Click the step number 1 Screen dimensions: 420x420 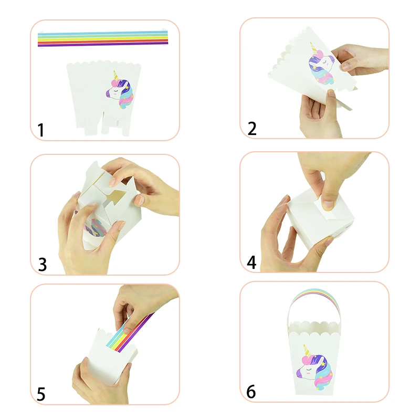pos(41,130)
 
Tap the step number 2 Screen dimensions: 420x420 pos(252,128)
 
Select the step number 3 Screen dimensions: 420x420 pos(42,264)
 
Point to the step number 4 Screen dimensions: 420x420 pos(252,262)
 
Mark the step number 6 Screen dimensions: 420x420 pos(252,392)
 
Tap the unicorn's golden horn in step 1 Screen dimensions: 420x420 pos(114,75)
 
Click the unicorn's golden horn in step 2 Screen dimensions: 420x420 pos(313,48)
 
